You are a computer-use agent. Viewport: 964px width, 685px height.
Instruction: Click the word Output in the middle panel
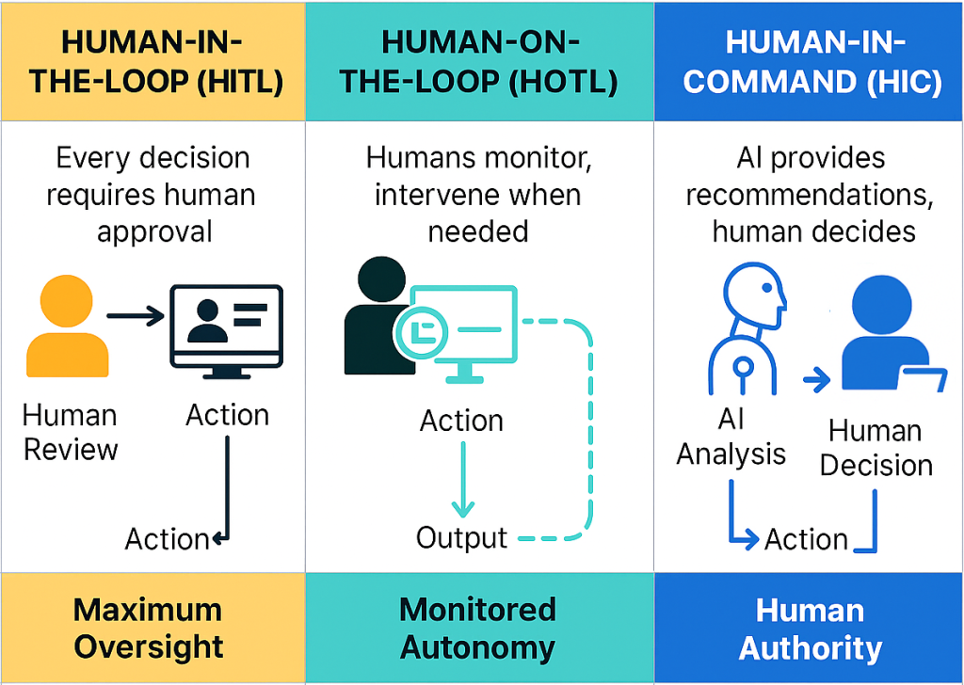[461, 538]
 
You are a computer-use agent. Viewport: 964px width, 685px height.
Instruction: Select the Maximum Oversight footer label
[148, 629]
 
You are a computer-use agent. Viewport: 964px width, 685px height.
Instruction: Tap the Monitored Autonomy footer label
[477, 629]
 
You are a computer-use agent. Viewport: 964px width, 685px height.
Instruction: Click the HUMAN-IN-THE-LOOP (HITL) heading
[155, 62]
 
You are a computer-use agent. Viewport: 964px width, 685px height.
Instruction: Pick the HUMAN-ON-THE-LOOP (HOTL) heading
[478, 62]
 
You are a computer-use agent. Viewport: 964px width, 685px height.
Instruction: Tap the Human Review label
[70, 432]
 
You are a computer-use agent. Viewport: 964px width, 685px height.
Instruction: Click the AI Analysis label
[731, 438]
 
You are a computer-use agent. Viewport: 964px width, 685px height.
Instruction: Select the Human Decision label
[875, 448]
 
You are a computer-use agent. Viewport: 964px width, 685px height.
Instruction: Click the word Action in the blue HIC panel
[806, 540]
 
